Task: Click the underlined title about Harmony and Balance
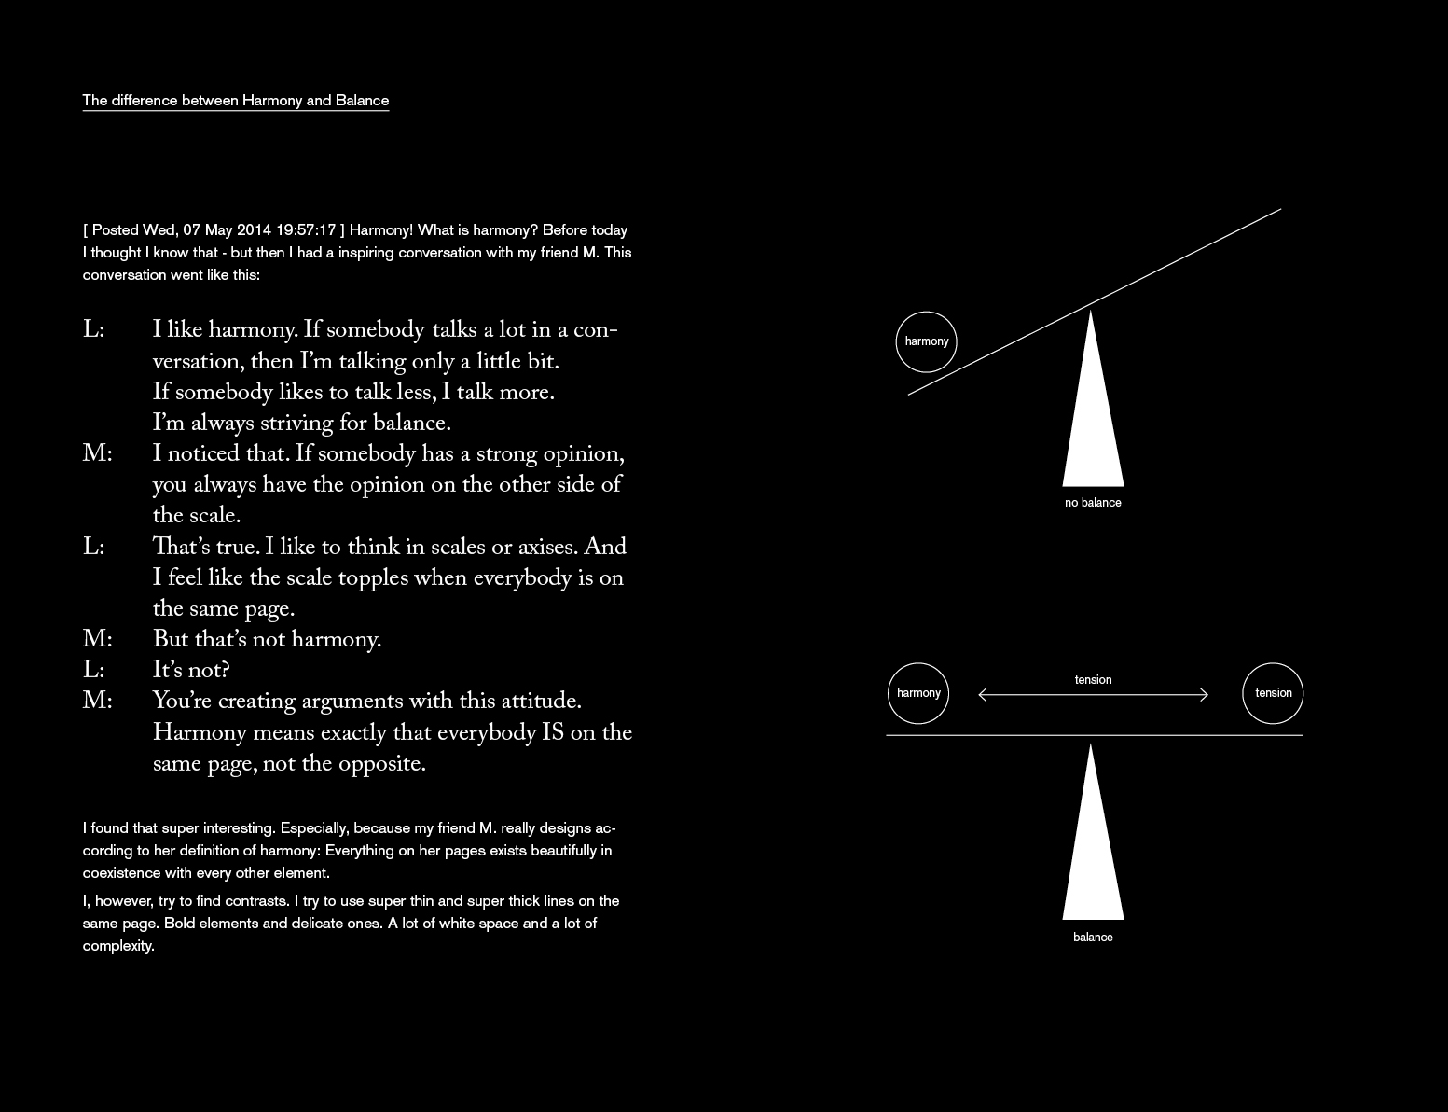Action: tap(235, 101)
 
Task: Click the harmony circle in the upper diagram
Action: tap(927, 341)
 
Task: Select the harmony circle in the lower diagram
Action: tap(918, 693)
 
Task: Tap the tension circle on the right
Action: tap(1273, 693)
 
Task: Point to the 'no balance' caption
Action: tap(1093, 503)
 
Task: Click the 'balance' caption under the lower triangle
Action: tap(1093, 938)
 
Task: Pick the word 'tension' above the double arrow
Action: tap(1093, 679)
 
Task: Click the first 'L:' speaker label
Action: tap(93, 330)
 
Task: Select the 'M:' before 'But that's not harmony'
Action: tap(97, 640)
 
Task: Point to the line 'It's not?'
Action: tap(191, 671)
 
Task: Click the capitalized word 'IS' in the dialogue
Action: tap(553, 733)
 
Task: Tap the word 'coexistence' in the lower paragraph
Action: tap(123, 873)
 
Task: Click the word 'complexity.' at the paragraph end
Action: tap(118, 946)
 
